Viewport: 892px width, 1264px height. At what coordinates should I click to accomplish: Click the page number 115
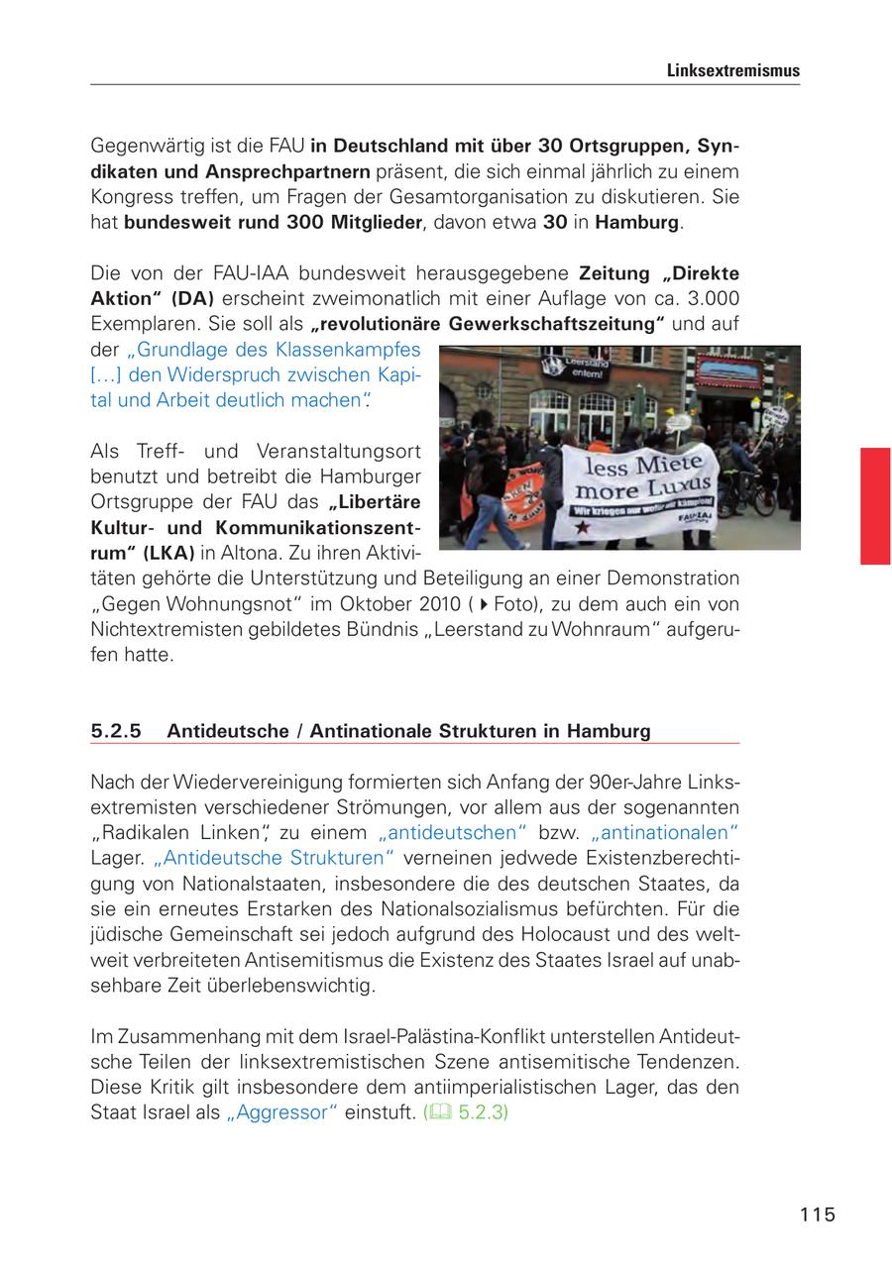pos(818,1214)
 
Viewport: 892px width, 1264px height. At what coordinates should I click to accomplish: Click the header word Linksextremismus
pos(732,71)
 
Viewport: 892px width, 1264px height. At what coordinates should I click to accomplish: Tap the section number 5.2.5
pos(116,731)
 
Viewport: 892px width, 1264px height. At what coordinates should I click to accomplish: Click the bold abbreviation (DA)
pos(192,298)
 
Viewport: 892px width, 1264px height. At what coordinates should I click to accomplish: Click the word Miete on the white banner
pos(674,463)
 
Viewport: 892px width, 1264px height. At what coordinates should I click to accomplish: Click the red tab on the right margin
pos(875,505)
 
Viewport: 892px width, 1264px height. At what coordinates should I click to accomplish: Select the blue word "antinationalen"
pos(665,832)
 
